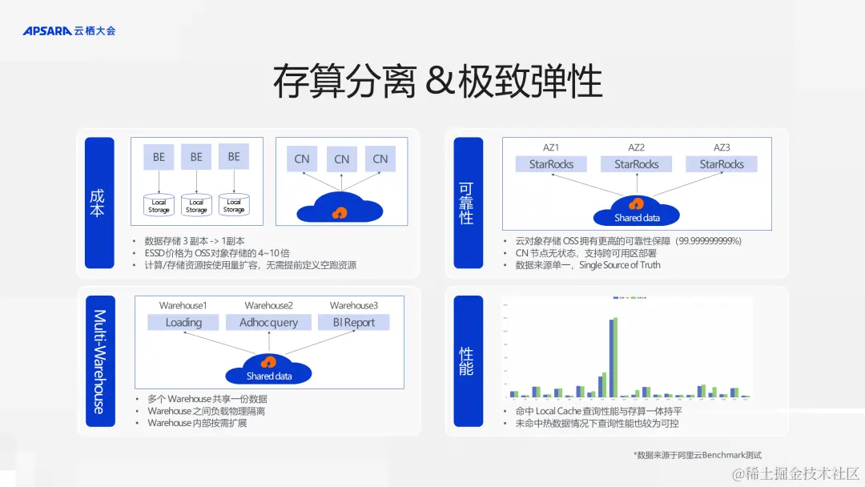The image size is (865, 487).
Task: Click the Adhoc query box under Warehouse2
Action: pos(268,322)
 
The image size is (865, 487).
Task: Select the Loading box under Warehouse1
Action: pos(183,322)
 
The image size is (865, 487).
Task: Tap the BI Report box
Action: pos(353,322)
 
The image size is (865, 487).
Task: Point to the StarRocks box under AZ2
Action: pos(636,164)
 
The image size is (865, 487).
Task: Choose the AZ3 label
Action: pos(722,147)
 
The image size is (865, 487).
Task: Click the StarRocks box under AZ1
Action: pos(551,164)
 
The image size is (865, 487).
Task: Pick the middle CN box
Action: pos(342,159)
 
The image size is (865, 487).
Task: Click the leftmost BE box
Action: pos(159,157)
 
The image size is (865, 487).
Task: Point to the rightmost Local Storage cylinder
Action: pos(234,205)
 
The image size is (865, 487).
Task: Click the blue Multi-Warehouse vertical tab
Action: pos(100,360)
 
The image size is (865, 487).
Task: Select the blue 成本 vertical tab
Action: pos(100,203)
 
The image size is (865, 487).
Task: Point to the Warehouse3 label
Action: pos(353,305)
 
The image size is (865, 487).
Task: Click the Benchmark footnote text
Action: pos(697,455)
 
